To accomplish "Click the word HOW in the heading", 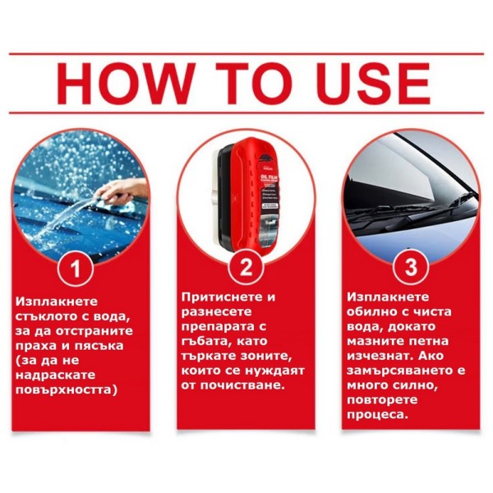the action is pyautogui.click(x=124, y=83).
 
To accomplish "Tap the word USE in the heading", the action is pyautogui.click(x=372, y=83).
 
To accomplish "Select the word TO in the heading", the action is pyautogui.click(x=254, y=83).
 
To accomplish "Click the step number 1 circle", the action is pyautogui.click(x=76, y=268).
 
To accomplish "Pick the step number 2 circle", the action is pyautogui.click(x=246, y=267).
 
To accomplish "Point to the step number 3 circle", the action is pyautogui.click(x=411, y=267).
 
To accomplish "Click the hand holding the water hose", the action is pyautogui.click(x=122, y=191).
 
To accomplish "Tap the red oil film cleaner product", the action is pyautogui.click(x=248, y=195).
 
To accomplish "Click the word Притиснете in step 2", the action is pyautogui.click(x=223, y=297).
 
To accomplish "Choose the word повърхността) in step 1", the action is pyautogui.click(x=67, y=389).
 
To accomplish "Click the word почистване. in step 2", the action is pyautogui.click(x=242, y=385).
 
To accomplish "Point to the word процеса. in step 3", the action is pyautogui.click(x=377, y=415).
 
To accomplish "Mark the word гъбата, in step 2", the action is pyautogui.click(x=205, y=342).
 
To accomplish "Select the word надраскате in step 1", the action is pyautogui.click(x=55, y=376).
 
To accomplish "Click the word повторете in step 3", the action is pyautogui.click(x=382, y=400).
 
